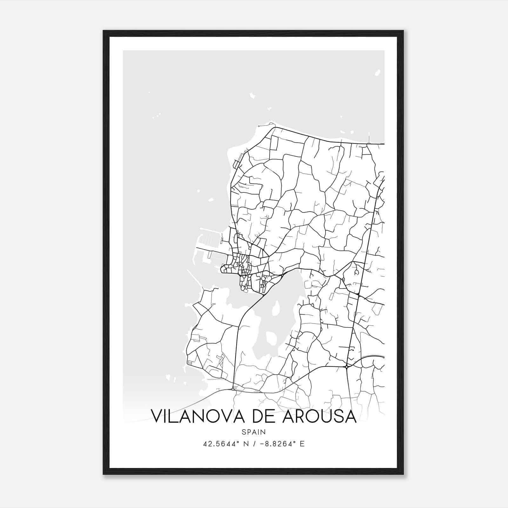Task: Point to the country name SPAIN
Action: click(254, 432)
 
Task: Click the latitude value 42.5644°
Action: click(222, 444)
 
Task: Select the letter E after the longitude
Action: click(302, 444)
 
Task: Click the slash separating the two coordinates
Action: click(254, 444)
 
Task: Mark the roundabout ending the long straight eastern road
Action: click(347, 367)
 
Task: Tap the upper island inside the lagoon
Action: click(276, 306)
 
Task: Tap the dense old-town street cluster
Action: click(243, 271)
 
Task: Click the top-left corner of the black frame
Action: click(104, 31)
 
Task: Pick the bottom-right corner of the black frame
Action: click(403, 474)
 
